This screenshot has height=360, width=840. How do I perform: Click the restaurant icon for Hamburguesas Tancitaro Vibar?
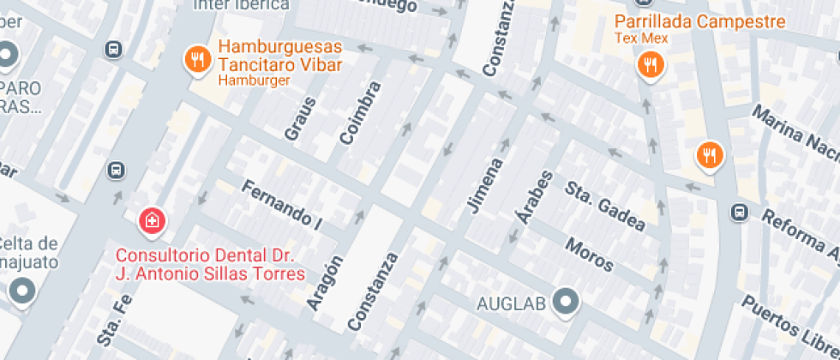[199, 59]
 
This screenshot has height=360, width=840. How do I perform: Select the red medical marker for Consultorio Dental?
[153, 221]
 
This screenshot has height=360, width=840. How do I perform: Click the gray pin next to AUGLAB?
[566, 301]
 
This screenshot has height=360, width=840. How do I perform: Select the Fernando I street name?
[281, 206]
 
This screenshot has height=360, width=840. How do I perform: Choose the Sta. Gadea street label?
[604, 206]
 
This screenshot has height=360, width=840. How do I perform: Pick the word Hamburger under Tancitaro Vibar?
[254, 81]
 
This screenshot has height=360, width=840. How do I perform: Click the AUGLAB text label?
[511, 302]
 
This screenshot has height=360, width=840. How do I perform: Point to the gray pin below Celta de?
[22, 292]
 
